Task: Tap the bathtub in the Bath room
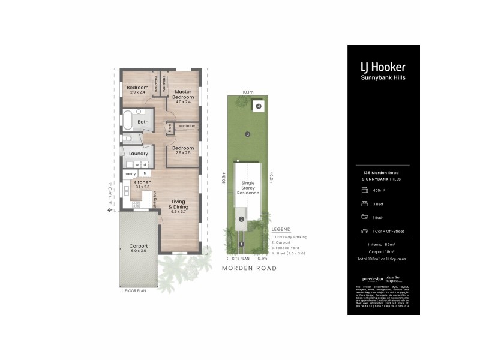[x=128, y=120]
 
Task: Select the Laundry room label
[x=138, y=154]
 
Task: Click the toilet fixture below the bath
[x=127, y=139]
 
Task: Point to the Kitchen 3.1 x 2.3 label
[x=142, y=184]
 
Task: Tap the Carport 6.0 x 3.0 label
[x=138, y=248]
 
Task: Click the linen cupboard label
[x=170, y=127]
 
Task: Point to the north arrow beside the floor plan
[x=110, y=209]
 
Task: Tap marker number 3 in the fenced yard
[x=247, y=134]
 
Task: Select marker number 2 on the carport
[x=241, y=219]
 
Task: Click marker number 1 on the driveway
[x=241, y=244]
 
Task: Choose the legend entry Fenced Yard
[x=288, y=247]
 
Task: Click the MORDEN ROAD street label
[x=249, y=268]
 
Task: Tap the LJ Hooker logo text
[x=383, y=68]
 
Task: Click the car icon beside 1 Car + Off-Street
[x=364, y=230]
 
